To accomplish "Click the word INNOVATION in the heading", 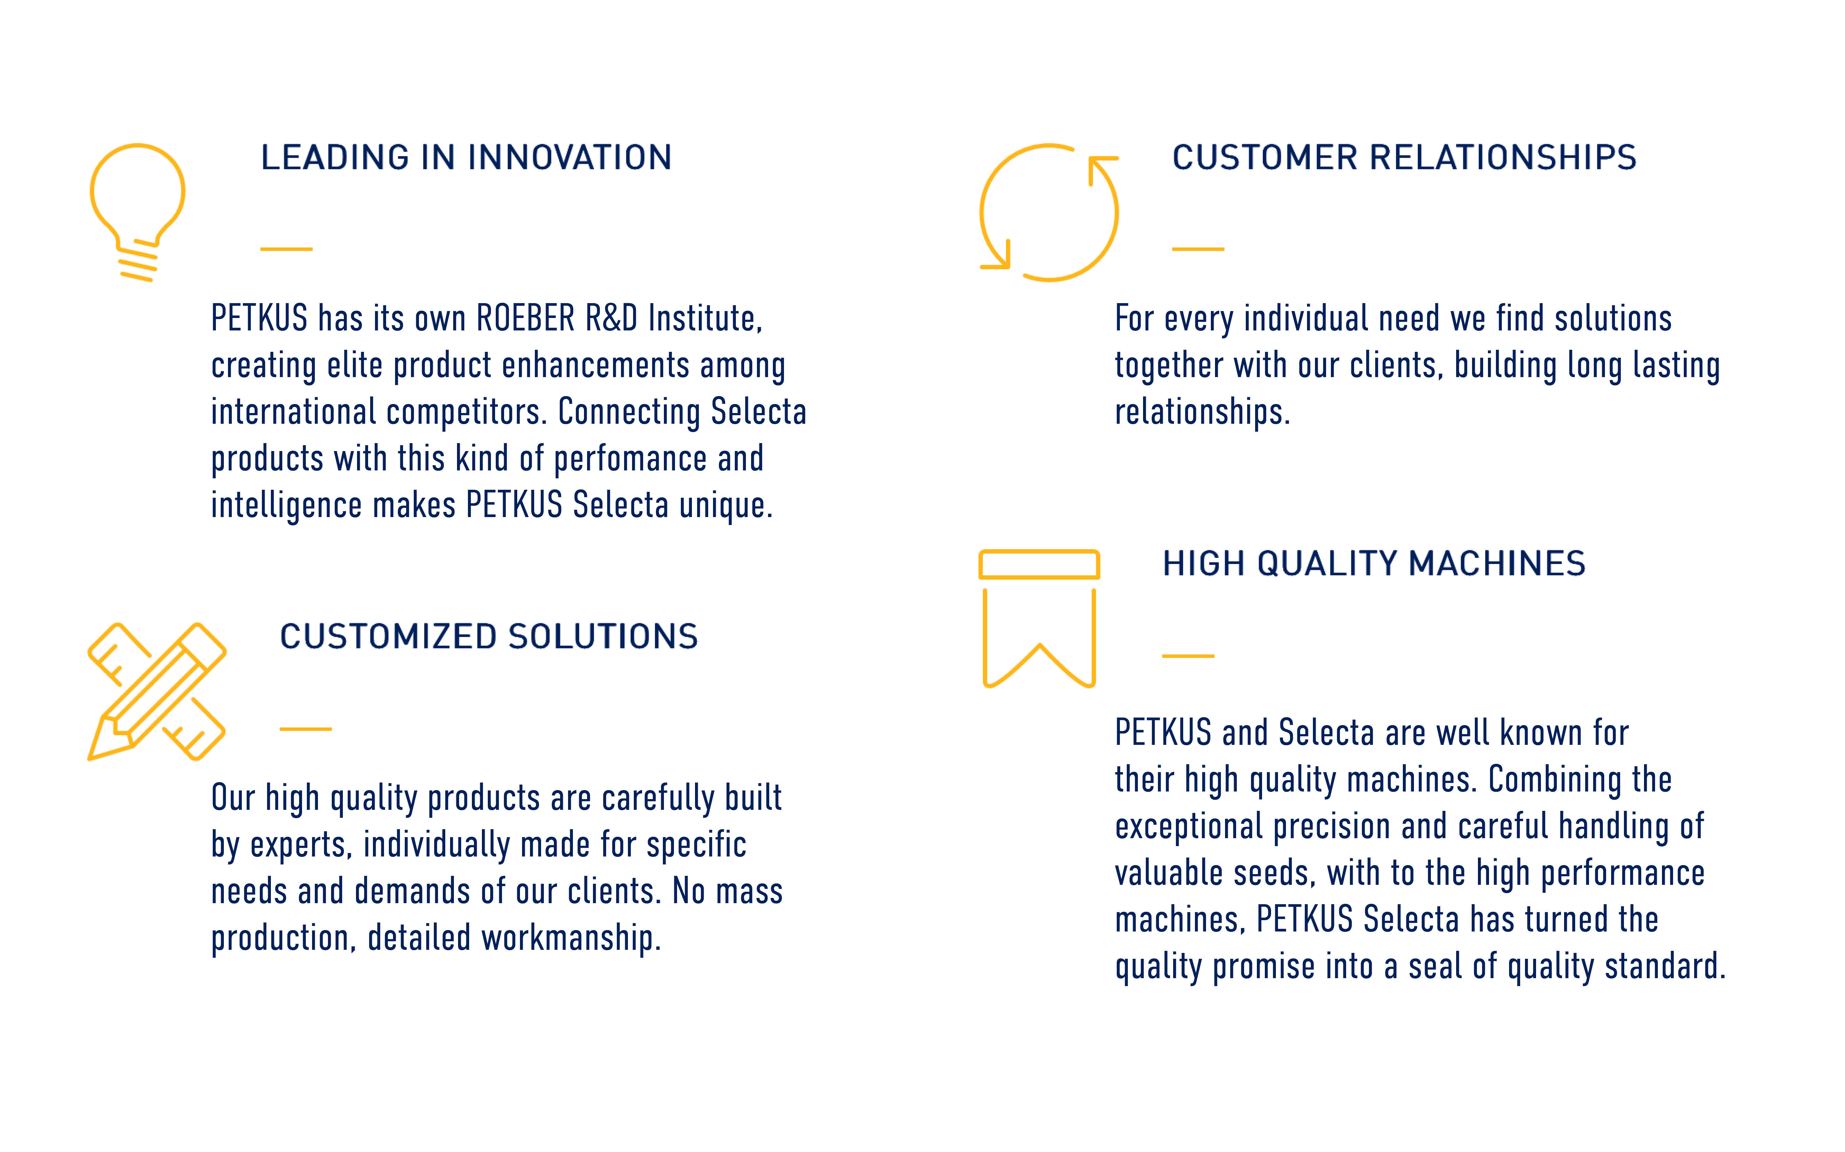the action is [x=569, y=158].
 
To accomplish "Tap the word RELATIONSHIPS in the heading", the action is [x=1504, y=158].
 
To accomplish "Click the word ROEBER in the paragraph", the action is [x=525, y=318].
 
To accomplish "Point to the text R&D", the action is [x=611, y=318].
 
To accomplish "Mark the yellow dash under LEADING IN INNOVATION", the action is [x=287, y=249].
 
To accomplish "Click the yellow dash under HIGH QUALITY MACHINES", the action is [x=1188, y=656].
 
